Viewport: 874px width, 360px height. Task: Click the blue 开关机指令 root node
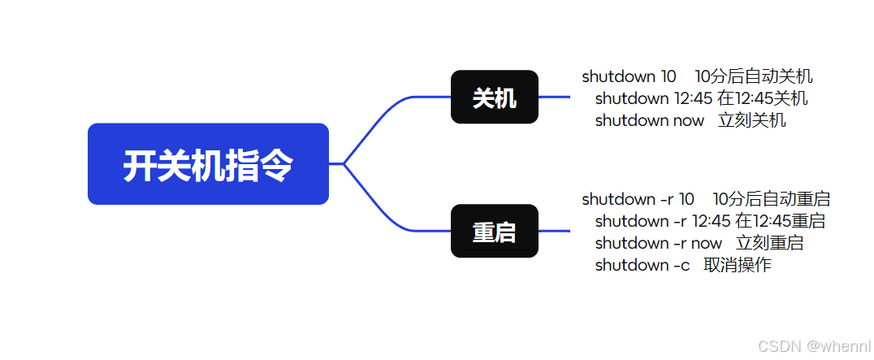[208, 164]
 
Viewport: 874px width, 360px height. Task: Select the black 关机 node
[494, 98]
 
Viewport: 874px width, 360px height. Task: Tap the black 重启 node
[494, 232]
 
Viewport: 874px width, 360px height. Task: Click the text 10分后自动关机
[754, 77]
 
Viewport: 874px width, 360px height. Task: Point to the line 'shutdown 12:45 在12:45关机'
[701, 99]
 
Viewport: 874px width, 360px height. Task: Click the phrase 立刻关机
[752, 121]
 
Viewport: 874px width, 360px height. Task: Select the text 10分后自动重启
[771, 199]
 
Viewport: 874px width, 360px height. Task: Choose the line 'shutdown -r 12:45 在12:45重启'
[710, 221]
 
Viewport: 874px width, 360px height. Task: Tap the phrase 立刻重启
[769, 243]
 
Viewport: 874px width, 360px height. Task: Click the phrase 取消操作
[738, 265]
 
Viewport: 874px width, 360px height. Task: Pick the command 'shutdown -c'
[643, 265]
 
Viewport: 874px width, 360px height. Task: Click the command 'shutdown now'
[649, 121]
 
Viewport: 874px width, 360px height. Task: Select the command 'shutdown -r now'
[658, 243]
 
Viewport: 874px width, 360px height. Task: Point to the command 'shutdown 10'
[629, 77]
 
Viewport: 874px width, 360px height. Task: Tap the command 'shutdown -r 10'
[638, 199]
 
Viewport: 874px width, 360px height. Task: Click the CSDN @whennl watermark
[813, 345]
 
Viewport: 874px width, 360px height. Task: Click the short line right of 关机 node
[554, 98]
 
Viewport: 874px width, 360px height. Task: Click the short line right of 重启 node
[554, 232]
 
